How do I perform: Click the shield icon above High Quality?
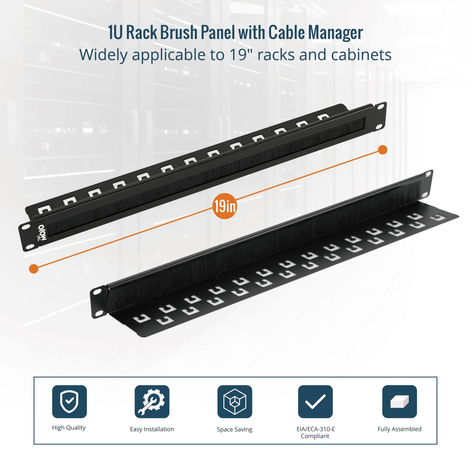click(x=69, y=401)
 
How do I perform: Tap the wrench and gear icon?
click(x=152, y=401)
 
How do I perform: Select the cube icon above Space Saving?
click(x=235, y=401)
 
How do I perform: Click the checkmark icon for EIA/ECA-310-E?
click(x=315, y=401)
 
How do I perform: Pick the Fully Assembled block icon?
click(x=399, y=401)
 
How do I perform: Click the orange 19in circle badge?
click(x=225, y=206)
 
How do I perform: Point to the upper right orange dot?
click(x=382, y=150)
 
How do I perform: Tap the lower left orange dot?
click(x=34, y=268)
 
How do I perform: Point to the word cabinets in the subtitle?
click(x=361, y=55)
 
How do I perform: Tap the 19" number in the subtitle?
click(x=241, y=55)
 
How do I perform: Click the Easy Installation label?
click(x=152, y=429)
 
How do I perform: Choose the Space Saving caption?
click(x=235, y=429)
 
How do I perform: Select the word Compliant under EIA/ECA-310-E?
click(x=315, y=436)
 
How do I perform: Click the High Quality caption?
click(x=69, y=428)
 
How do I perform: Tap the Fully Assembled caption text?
click(x=399, y=429)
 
